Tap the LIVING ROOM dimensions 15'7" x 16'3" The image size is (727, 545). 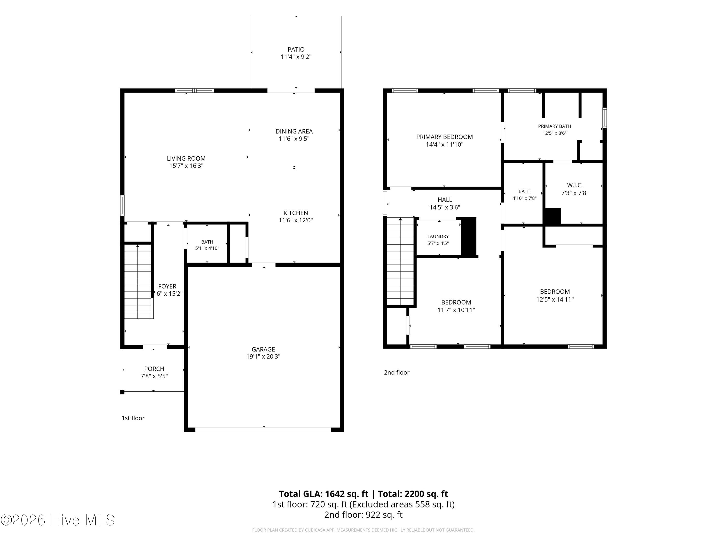[x=186, y=166]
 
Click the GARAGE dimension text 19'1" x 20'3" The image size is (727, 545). [x=263, y=357]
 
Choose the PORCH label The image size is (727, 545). [x=154, y=369]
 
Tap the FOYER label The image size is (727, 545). [x=167, y=287]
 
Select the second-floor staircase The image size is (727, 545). [x=400, y=261]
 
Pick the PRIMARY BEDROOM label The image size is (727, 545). [x=444, y=137]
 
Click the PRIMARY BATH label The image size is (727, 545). [x=554, y=126]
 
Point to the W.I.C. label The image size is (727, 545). [x=575, y=185]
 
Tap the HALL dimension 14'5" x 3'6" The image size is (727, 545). [x=445, y=207]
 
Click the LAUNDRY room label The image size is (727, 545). [x=438, y=236]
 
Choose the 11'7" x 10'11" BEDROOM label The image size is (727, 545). [x=456, y=302]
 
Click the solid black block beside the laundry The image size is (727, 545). [x=469, y=236]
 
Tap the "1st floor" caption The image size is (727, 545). [x=133, y=418]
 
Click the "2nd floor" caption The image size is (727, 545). [x=396, y=372]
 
